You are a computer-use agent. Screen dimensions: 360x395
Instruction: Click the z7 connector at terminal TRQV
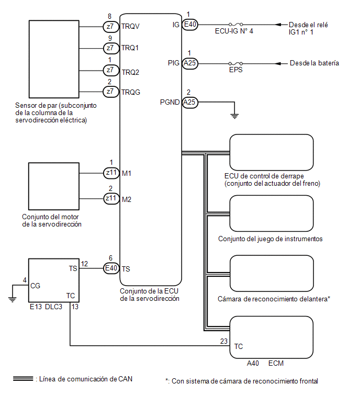(x=111, y=27)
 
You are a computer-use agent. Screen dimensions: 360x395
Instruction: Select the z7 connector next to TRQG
(x=111, y=92)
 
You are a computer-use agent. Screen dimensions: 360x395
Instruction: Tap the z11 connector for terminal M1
(x=111, y=173)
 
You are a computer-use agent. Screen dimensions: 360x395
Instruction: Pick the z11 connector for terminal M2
(x=111, y=198)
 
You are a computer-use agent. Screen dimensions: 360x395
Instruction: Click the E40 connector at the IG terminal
(x=190, y=25)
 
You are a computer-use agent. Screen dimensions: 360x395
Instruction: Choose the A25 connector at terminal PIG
(x=190, y=63)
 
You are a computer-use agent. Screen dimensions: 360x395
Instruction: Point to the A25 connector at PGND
(x=190, y=102)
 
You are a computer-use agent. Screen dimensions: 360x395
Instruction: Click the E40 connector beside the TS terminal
(x=111, y=268)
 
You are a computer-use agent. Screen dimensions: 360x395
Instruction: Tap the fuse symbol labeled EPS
(x=236, y=63)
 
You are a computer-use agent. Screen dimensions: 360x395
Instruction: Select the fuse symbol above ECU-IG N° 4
(x=236, y=25)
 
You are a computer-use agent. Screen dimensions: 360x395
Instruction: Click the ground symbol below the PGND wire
(x=234, y=116)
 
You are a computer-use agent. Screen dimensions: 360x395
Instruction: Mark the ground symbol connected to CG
(x=12, y=300)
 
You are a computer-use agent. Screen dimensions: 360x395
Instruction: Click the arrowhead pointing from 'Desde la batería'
(x=278, y=63)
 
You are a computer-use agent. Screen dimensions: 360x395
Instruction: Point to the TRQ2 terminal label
(x=130, y=73)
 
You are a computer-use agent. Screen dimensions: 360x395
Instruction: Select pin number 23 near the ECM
(x=224, y=341)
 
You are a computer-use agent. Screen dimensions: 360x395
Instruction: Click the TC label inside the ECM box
(x=238, y=347)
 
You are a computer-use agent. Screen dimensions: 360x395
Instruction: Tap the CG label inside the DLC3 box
(x=35, y=286)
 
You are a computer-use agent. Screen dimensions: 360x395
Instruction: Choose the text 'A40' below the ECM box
(x=253, y=363)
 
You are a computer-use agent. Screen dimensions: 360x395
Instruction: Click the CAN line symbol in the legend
(x=23, y=379)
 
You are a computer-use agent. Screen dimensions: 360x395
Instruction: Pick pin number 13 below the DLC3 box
(x=75, y=307)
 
